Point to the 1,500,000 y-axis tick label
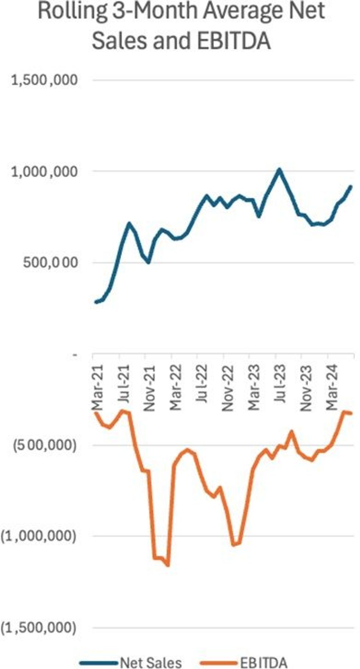(44, 80)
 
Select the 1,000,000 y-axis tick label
(44, 171)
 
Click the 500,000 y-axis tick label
(50, 263)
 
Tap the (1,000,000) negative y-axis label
(39, 536)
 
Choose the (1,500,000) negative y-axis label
(39, 628)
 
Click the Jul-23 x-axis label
(280, 383)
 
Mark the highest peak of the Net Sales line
(279, 169)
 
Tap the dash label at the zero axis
(75, 355)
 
